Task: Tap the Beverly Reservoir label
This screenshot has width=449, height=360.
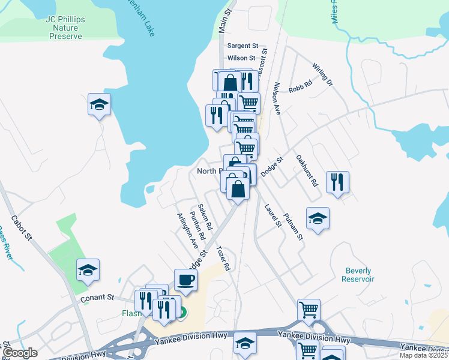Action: pyautogui.click(x=358, y=275)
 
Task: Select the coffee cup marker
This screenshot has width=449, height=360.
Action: pyautogui.click(x=185, y=279)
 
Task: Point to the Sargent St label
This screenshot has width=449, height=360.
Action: pyautogui.click(x=243, y=46)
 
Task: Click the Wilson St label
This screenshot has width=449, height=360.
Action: pyautogui.click(x=241, y=58)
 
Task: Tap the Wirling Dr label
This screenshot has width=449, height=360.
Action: pyautogui.click(x=322, y=74)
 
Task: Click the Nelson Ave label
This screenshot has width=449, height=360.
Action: pyautogui.click(x=277, y=98)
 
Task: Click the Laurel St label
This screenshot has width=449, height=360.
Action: pyautogui.click(x=273, y=216)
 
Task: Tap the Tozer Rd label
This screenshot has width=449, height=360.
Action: pyautogui.click(x=223, y=259)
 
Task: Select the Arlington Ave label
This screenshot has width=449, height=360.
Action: pyautogui.click(x=187, y=231)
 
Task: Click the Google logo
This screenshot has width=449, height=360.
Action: pyautogui.click(x=20, y=353)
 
